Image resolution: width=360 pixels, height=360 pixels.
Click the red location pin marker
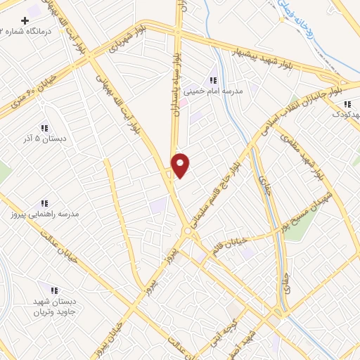point(181,165)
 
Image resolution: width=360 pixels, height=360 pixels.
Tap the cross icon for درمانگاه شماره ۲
point(26,20)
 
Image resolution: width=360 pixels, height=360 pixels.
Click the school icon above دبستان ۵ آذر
point(44,128)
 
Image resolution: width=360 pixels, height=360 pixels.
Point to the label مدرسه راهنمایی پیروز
point(44,213)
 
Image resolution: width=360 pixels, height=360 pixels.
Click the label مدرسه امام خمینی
point(212,91)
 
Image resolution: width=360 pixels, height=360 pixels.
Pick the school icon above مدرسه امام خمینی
point(212,80)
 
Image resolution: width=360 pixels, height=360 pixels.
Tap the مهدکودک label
point(345,114)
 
